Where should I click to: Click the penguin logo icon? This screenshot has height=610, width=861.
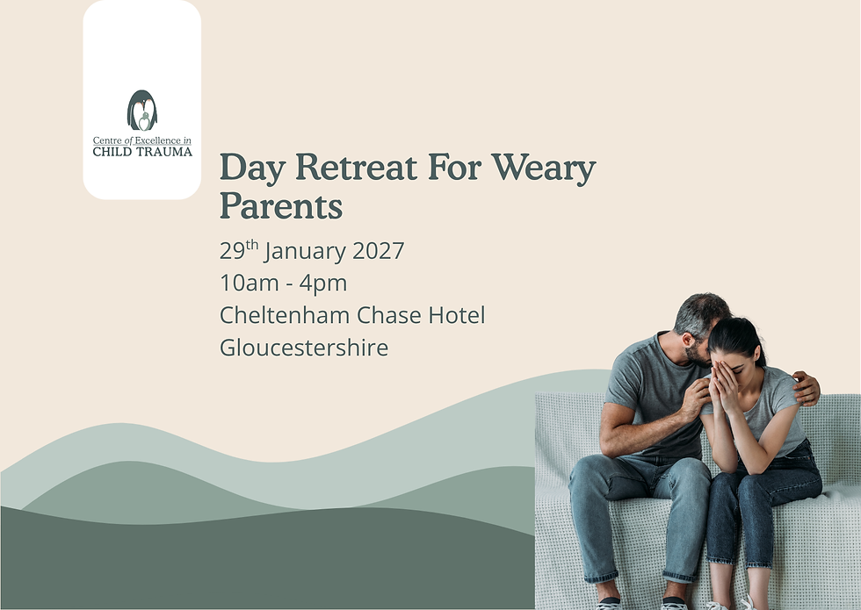click(141, 111)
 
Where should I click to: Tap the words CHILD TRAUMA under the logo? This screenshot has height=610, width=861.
click(141, 152)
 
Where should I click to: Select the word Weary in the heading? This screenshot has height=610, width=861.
click(545, 168)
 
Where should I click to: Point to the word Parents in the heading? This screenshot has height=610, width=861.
click(280, 206)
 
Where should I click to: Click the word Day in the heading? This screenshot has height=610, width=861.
click(249, 168)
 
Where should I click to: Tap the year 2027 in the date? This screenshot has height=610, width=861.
click(378, 251)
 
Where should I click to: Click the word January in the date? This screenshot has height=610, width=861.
click(304, 251)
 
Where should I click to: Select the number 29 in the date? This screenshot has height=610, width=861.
click(232, 251)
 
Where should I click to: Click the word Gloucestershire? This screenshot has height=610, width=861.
click(304, 348)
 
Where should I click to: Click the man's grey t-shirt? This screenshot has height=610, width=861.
click(646, 386)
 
